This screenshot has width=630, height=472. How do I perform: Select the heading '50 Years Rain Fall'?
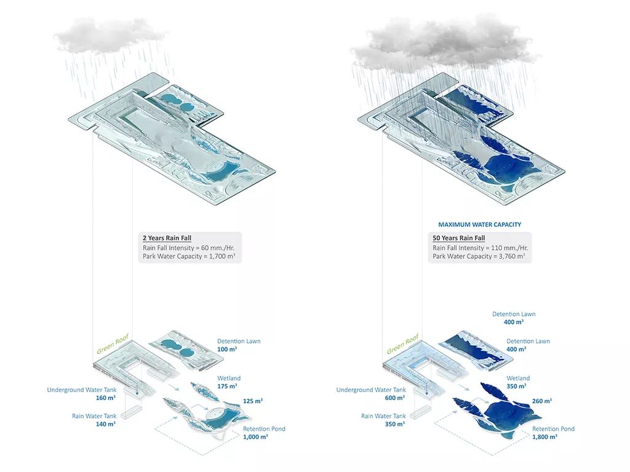[x=459, y=238]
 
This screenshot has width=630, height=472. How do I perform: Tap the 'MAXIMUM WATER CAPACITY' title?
[x=479, y=225]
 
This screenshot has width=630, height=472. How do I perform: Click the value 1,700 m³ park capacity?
[x=219, y=256]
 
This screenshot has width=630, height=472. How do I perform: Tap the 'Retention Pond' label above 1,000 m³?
[x=264, y=429]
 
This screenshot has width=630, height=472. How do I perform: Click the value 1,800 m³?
[x=544, y=437]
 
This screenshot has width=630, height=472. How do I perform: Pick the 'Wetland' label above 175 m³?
[x=229, y=378]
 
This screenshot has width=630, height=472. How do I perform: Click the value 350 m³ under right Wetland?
[x=516, y=387]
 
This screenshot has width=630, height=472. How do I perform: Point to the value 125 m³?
[x=253, y=401]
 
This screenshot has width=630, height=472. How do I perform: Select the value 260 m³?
[x=541, y=401]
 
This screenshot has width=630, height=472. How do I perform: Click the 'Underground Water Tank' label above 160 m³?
[x=81, y=390]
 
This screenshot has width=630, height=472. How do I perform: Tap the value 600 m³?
[x=395, y=398]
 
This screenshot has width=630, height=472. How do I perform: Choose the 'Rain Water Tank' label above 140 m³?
[x=94, y=416]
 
